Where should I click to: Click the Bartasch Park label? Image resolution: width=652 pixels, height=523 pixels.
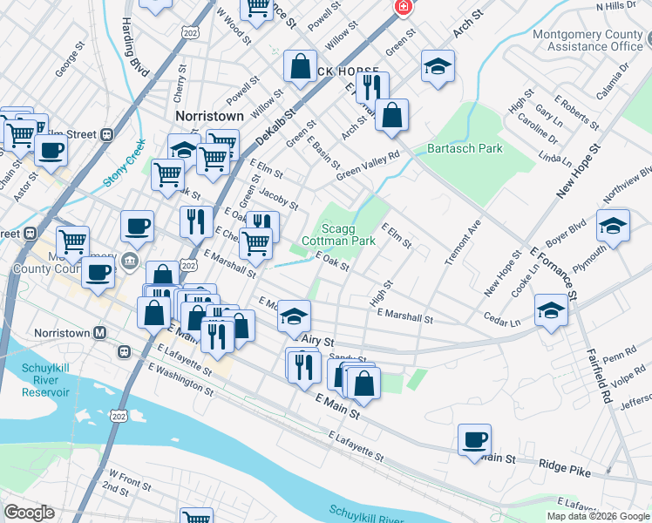coord(465,148)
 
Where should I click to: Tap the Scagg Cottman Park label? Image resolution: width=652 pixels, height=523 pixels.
coord(338,233)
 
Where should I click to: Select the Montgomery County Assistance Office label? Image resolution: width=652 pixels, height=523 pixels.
coord(588,40)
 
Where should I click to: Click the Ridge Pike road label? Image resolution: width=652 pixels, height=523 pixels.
coord(564,468)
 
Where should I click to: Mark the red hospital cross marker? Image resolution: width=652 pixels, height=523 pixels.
coord(403,8)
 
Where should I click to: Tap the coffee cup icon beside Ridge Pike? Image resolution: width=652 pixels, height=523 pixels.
coord(475,439)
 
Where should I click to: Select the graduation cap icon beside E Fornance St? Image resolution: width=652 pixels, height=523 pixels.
coord(551,309)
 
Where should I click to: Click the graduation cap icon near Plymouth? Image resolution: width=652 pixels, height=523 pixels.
coord(613,226)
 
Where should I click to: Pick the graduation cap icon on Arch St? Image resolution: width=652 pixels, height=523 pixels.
coord(438,66)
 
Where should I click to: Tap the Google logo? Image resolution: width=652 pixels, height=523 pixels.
coord(30,513)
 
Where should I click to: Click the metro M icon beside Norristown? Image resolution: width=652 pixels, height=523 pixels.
coord(100,333)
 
